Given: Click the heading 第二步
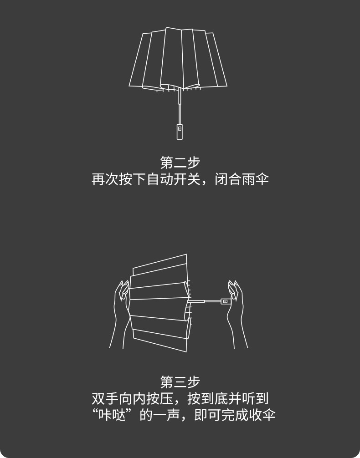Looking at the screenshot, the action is click(180, 163).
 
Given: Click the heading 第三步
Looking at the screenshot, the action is click(180, 382).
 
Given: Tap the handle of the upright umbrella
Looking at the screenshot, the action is click(180, 131).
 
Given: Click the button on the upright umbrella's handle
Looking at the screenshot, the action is click(180, 129).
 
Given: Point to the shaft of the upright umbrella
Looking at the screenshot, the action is click(179, 105).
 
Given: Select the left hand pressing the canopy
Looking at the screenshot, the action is click(119, 314).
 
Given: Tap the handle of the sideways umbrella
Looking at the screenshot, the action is click(224, 301).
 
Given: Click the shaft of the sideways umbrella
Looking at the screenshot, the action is click(207, 301).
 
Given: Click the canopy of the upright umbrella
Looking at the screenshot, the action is click(178, 59).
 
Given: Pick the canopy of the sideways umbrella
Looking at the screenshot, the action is click(157, 303).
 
